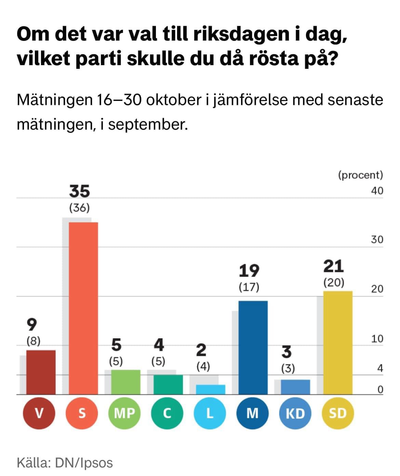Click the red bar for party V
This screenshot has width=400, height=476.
[41, 372]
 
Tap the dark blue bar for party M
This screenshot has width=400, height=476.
[253, 347]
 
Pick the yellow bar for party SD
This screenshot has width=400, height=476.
[338, 343]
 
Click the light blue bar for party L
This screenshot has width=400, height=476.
[211, 389]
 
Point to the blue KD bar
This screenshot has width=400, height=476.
[295, 387]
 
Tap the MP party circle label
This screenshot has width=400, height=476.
[124, 413]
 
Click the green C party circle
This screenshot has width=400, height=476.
[167, 413]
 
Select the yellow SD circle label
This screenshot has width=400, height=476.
[338, 413]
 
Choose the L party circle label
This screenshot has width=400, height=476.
[210, 413]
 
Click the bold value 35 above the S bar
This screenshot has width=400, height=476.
[79, 191]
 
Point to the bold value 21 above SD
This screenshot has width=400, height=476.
[333, 266]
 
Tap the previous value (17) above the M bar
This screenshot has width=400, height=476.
[249, 287]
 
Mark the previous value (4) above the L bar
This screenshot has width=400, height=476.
[203, 366]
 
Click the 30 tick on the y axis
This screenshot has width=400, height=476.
[377, 240]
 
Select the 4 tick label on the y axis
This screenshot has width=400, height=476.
[380, 369]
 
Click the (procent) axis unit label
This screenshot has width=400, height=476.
[360, 175]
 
